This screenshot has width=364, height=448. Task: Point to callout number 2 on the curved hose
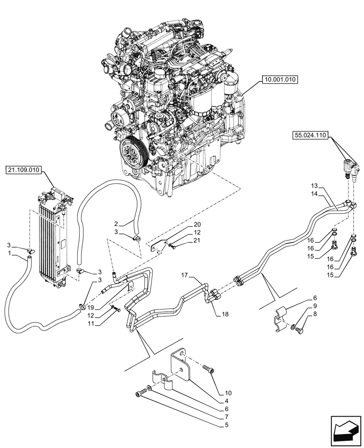coord(116,223)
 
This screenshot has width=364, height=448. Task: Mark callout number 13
coord(314,185)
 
